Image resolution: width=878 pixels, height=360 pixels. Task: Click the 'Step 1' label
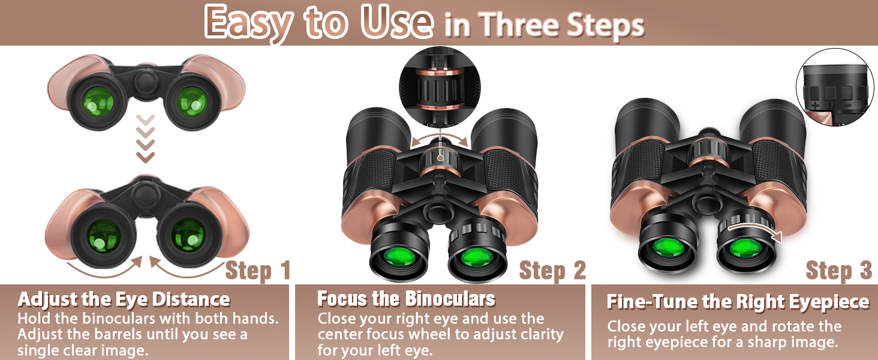(x=258, y=271)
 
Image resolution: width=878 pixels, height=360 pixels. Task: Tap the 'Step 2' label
(x=552, y=271)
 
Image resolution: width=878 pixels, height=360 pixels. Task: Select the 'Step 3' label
(x=839, y=271)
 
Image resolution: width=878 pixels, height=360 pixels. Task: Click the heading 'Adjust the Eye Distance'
(x=124, y=299)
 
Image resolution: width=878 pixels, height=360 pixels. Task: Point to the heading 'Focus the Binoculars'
(x=407, y=299)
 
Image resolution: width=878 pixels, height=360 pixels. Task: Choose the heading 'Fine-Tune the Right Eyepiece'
(x=738, y=302)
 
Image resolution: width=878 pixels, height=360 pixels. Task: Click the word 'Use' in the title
(x=397, y=22)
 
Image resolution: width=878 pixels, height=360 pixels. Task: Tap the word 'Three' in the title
(x=519, y=25)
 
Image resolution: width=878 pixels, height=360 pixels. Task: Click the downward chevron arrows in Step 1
(x=145, y=139)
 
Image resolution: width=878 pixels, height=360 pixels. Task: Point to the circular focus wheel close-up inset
(x=440, y=87)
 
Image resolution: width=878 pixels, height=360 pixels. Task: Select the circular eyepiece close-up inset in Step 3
(x=835, y=87)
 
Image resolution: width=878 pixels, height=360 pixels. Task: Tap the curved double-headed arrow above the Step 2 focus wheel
(x=440, y=137)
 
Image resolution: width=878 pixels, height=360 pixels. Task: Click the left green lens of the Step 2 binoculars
(x=399, y=256)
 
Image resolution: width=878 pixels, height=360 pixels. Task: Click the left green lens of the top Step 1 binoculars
(x=98, y=102)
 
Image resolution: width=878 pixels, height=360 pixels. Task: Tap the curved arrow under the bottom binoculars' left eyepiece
(x=105, y=268)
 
